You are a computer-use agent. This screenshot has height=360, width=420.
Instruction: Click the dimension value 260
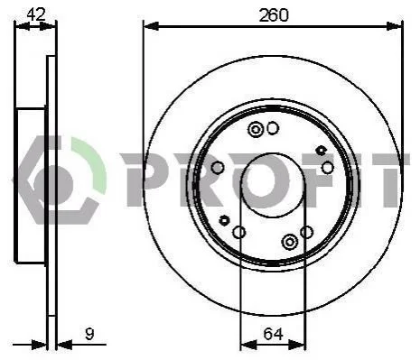point(274,15)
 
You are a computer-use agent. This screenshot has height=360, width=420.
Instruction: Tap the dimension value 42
point(36,14)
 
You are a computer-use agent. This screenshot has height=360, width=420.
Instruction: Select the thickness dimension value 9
point(89,334)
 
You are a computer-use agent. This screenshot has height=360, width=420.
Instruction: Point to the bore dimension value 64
point(274,334)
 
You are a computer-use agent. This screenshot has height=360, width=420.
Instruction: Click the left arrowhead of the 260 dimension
point(151,26)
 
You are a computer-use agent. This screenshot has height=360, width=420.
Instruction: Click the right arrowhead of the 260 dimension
point(394,26)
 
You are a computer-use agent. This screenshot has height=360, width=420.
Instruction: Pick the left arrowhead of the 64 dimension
point(248,345)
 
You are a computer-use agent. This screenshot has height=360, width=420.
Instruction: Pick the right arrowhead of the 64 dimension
point(297,345)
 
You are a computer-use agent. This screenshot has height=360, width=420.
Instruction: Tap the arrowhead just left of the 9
point(65,345)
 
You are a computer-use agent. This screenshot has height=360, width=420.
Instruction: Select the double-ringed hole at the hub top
point(256,130)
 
